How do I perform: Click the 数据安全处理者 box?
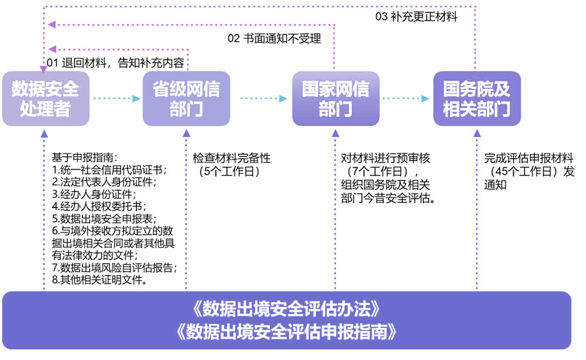coord(46,99)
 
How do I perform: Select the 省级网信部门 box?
coord(186,99)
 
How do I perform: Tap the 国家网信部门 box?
coord(335,99)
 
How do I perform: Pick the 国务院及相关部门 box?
coord(477,99)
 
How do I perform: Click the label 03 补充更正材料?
coord(416,17)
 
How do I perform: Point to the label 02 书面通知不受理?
coord(274,39)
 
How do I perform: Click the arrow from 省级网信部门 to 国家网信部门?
coord(261,99)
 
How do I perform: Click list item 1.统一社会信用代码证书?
coord(109,170)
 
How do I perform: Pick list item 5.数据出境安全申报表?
coord(104,218)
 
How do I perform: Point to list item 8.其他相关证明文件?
coord(99,280)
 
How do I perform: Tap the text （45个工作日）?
coord(524,171)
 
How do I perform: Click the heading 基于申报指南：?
coord(85,157)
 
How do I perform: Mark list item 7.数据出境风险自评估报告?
coord(114,268)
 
